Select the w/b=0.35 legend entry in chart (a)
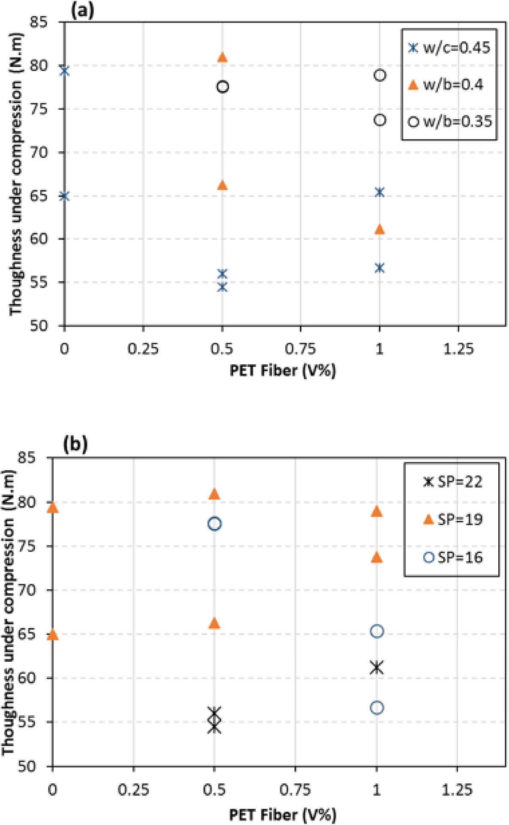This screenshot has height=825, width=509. pos(450,122)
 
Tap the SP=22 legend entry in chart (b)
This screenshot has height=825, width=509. pos(453,482)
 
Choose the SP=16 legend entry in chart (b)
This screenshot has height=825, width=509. pos(453,557)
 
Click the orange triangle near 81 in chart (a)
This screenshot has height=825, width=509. pos(222,57)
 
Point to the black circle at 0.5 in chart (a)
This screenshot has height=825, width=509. pos(222,87)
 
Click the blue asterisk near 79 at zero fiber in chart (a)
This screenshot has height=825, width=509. pos(64,71)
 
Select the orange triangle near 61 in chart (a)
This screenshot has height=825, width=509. pos(380,230)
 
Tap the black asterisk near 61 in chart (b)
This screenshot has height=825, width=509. pos(377,667)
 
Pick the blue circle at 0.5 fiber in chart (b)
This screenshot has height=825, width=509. pos(214,524)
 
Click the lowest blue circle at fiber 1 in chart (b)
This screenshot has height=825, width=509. pos(377,708)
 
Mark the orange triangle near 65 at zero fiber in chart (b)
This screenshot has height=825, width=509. pos(52,635)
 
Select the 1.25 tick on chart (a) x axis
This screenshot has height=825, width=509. pos(458,349)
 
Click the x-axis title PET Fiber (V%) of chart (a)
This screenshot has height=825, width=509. pos(283,370)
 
